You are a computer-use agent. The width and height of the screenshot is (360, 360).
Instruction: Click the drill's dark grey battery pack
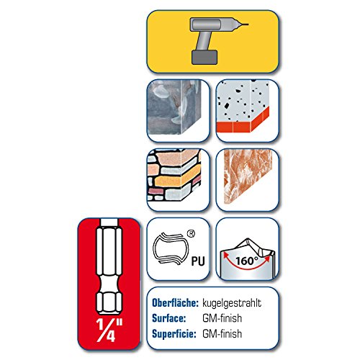coord(204,57)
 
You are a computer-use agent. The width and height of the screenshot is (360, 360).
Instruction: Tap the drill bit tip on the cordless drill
coord(248,24)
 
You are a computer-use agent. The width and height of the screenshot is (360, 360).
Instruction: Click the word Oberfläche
coord(175,303)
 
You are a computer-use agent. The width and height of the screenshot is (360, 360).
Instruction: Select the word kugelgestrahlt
coord(232,303)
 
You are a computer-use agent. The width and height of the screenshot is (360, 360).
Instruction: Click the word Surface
coord(169,318)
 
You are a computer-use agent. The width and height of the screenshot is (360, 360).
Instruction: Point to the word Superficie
coord(174,334)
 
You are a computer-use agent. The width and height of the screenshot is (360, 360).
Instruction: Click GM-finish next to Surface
coord(222,318)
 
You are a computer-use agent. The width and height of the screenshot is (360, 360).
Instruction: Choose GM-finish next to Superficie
coord(222,334)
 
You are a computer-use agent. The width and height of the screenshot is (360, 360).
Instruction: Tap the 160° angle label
coord(247,261)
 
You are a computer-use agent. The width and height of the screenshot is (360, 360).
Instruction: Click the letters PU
coord(198,261)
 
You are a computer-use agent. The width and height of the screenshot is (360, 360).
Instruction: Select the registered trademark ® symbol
coord(191,234)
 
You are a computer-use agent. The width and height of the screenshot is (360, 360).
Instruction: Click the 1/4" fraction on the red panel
coord(109,330)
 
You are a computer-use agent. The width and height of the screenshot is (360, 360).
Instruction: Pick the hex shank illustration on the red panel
coord(109,266)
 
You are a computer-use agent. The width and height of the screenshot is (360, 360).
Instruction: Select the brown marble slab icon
coord(248,176)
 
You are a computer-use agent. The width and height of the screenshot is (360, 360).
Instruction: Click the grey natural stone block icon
coord(174,107)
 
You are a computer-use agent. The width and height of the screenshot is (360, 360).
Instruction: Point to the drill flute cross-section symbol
coord(171,249)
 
